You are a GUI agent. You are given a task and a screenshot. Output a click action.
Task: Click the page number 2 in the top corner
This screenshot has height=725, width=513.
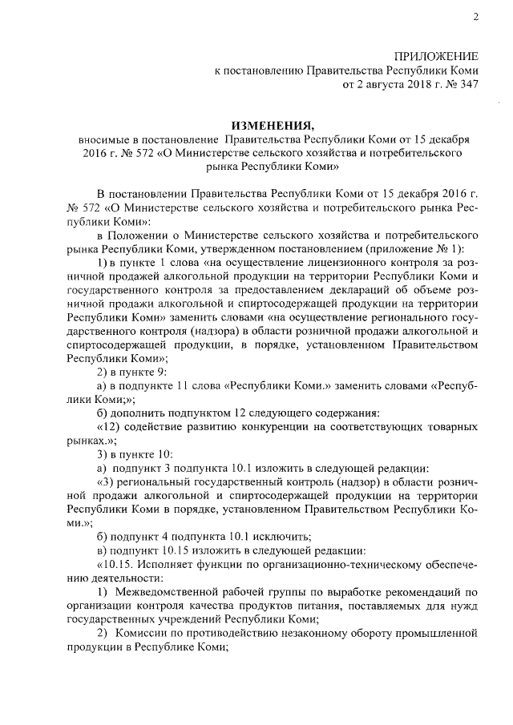pos(475,17)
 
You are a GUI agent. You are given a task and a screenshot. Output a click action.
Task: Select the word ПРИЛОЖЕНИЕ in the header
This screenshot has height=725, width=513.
pos(436,55)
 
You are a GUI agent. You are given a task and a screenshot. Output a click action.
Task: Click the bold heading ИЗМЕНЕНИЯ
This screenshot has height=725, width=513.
pos(270,125)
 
